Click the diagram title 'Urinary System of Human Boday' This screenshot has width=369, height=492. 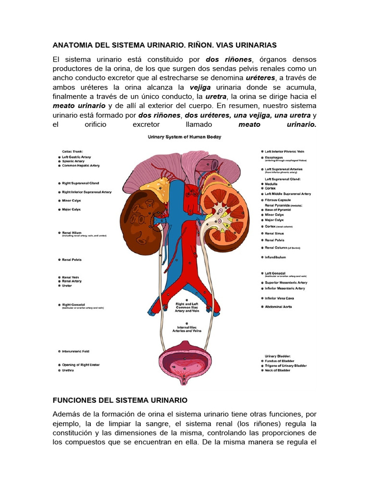point(184,137)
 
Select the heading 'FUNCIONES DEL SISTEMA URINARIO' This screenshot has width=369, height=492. point(120,400)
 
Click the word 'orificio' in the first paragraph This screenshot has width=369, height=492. point(106,124)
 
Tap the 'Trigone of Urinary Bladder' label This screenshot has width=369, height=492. point(286,366)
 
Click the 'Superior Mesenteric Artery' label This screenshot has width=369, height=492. point(286,283)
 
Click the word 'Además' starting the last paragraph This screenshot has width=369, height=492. point(68,414)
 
